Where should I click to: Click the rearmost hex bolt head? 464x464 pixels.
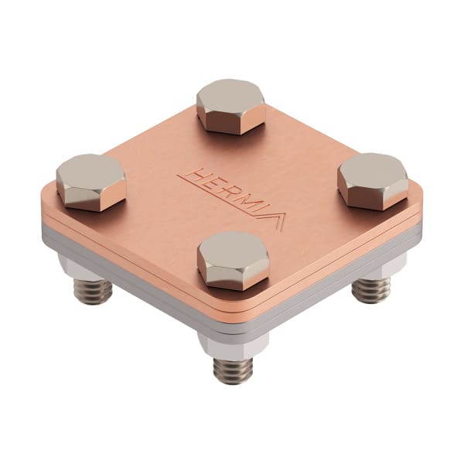230,106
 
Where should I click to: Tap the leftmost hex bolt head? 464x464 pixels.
91,182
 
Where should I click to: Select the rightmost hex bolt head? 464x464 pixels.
373,181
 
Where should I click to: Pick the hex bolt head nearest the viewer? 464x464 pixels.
234,261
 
